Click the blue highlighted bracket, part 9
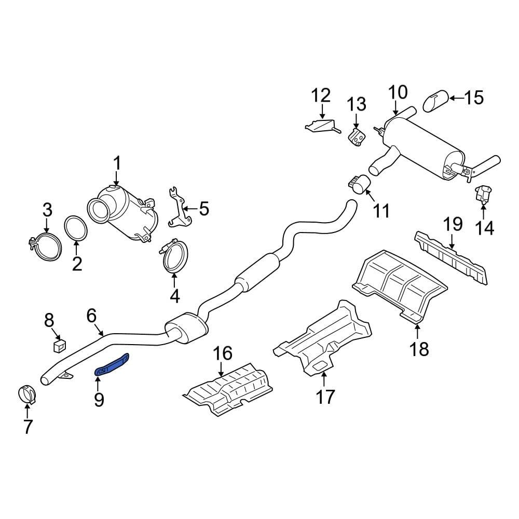112,364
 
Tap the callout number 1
117,164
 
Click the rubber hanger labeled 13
357,139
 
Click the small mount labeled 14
483,193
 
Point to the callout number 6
91,316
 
